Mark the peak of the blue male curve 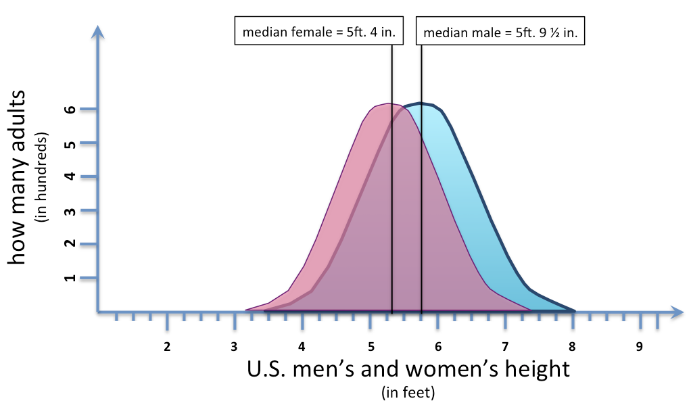pos(421,103)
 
